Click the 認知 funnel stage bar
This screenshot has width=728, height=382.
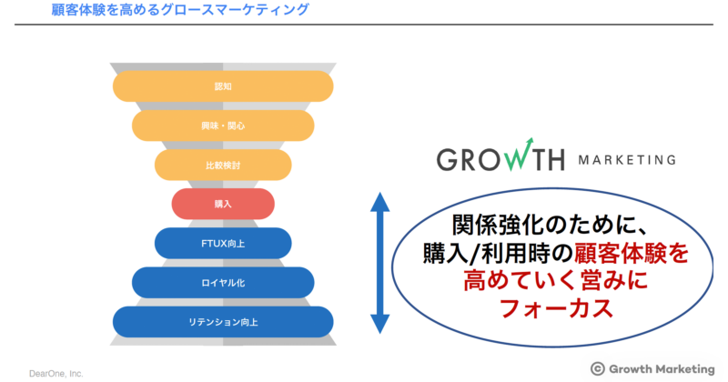[x=223, y=85]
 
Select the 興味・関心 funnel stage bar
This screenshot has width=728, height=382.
[x=223, y=126]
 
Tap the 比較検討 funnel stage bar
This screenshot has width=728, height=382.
[x=223, y=166]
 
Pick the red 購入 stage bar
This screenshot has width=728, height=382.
[x=223, y=204]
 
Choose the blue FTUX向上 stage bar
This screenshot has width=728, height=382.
[x=223, y=243]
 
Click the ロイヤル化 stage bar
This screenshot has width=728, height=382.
[x=223, y=282]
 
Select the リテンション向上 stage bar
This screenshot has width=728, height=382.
[x=223, y=321]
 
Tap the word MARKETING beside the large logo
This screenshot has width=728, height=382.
[x=627, y=160]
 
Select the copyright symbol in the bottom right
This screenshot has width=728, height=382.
[x=598, y=368]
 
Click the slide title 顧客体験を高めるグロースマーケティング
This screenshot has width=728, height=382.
[x=177, y=11]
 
